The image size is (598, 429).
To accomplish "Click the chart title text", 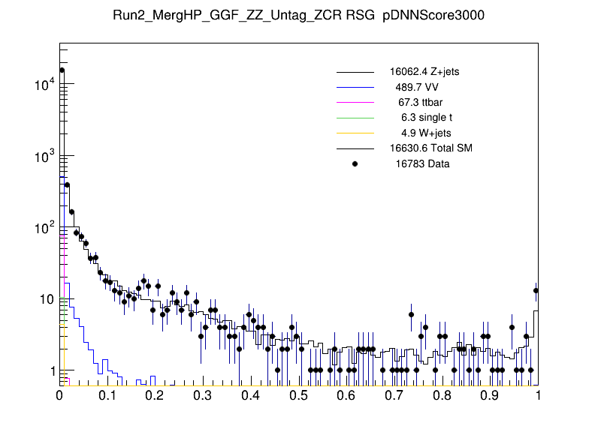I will click(x=298, y=16).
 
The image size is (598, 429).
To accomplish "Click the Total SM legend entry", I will click(x=430, y=148).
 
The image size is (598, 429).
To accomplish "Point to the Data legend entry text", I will click(x=419, y=163).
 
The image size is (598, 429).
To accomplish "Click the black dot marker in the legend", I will click(x=355, y=163).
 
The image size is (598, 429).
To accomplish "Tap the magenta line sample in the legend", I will click(x=355, y=102).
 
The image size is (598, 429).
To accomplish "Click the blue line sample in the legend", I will click(x=355, y=87).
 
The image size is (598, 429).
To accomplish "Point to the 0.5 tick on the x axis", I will click(x=299, y=396).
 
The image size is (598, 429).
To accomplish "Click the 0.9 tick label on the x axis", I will click(x=491, y=396).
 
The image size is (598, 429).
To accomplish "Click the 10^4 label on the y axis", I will click(x=44, y=85).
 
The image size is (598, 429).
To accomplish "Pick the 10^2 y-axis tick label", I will click(x=44, y=228).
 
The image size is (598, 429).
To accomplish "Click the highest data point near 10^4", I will click(x=62, y=70).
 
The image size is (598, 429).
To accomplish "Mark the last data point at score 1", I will click(x=536, y=290).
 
